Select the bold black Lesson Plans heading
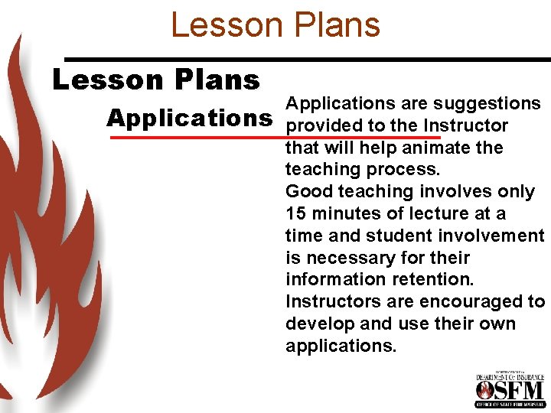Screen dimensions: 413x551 click(156, 80)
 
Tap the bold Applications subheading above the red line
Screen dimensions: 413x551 click(190, 118)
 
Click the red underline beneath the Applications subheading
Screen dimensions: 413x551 click(275, 138)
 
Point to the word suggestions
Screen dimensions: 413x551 click(487, 103)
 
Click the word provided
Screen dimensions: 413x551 click(321, 125)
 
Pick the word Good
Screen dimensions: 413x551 click(308, 191)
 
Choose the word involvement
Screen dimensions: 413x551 click(491, 236)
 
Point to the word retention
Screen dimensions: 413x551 click(429, 279)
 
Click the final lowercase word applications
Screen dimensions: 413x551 click(341, 346)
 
